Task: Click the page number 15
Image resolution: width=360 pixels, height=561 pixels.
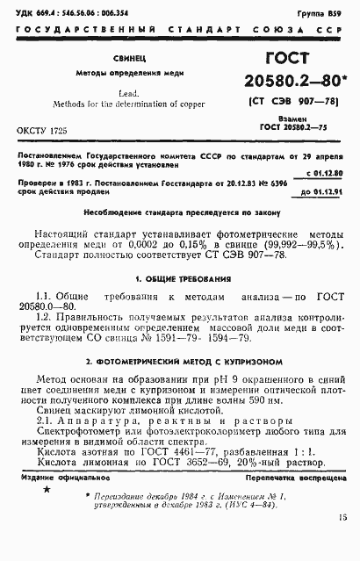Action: (x=341, y=543)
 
